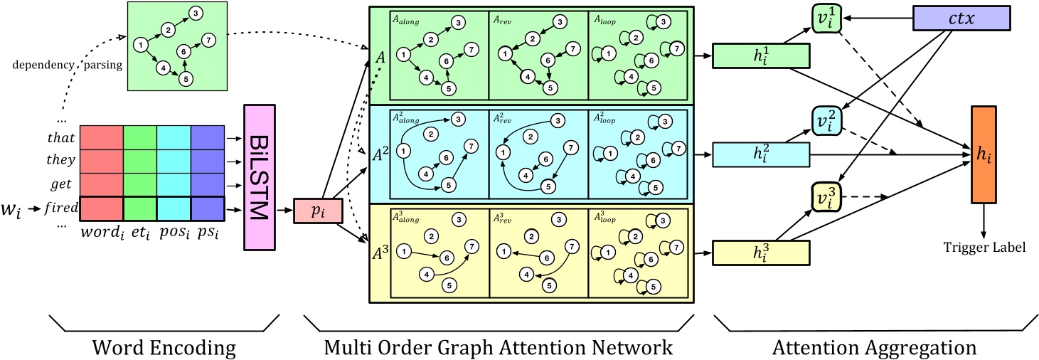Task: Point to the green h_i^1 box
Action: click(760, 55)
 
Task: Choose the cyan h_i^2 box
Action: click(760, 154)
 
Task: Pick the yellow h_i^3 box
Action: click(760, 252)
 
